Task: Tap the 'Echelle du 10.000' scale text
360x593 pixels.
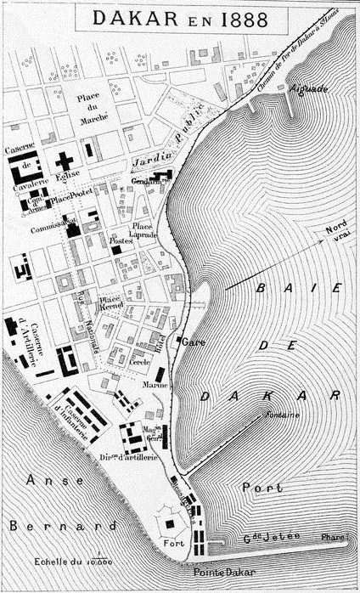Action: pyautogui.click(x=74, y=562)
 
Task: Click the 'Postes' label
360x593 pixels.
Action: pyautogui.click(x=122, y=240)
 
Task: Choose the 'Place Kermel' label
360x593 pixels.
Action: pyautogui.click(x=110, y=302)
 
